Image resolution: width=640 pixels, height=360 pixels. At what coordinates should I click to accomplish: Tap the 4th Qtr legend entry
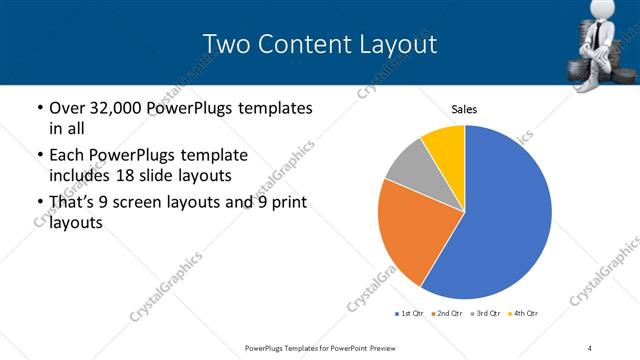tap(525, 314)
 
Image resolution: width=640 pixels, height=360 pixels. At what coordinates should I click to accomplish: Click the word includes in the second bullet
tap(76, 176)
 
